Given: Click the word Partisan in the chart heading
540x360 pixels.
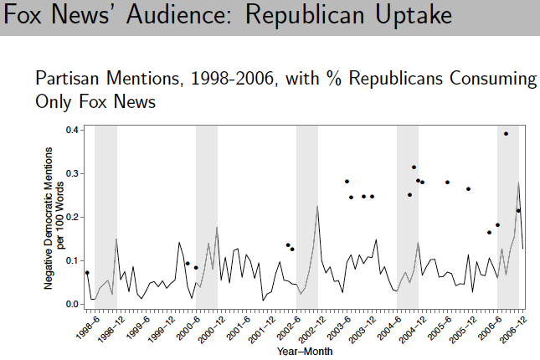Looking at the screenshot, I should click(71, 80).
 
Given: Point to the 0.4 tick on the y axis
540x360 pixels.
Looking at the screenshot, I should click(73, 131).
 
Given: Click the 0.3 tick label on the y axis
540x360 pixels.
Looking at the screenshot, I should click(73, 174).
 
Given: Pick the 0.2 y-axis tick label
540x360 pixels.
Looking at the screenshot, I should click(73, 218).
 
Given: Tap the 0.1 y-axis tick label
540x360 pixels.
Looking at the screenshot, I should click(73, 261).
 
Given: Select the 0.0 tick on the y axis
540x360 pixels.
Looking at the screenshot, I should click(73, 305).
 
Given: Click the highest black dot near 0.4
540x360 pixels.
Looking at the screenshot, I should click(506, 134).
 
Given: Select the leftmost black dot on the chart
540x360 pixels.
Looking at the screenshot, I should click(87, 273).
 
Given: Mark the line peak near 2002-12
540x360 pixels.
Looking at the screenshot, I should click(317, 206).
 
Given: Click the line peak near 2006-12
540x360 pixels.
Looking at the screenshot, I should click(519, 183).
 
